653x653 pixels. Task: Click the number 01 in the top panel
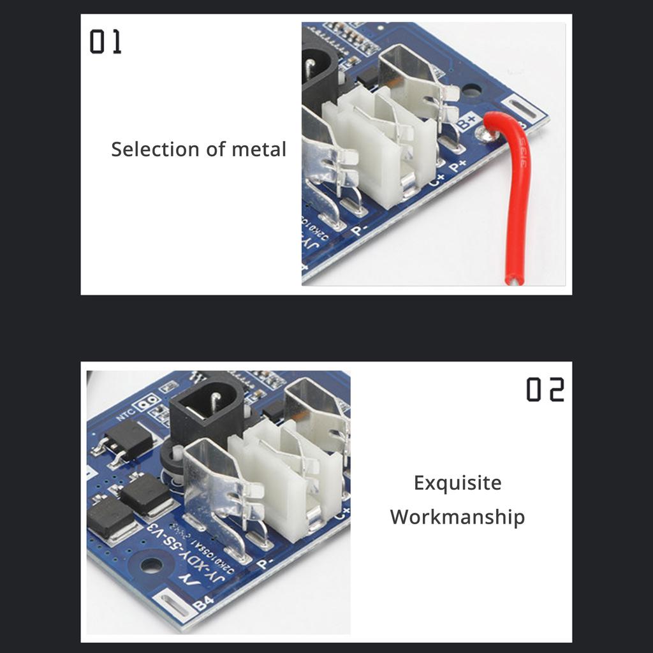(x=105, y=42)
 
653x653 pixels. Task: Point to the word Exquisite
(x=457, y=483)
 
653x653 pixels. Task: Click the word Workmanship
(x=457, y=517)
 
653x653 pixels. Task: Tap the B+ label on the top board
(x=467, y=121)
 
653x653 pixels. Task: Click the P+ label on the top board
(x=459, y=167)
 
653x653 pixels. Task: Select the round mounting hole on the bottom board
(x=151, y=566)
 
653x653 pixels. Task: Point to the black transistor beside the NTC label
(x=129, y=441)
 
